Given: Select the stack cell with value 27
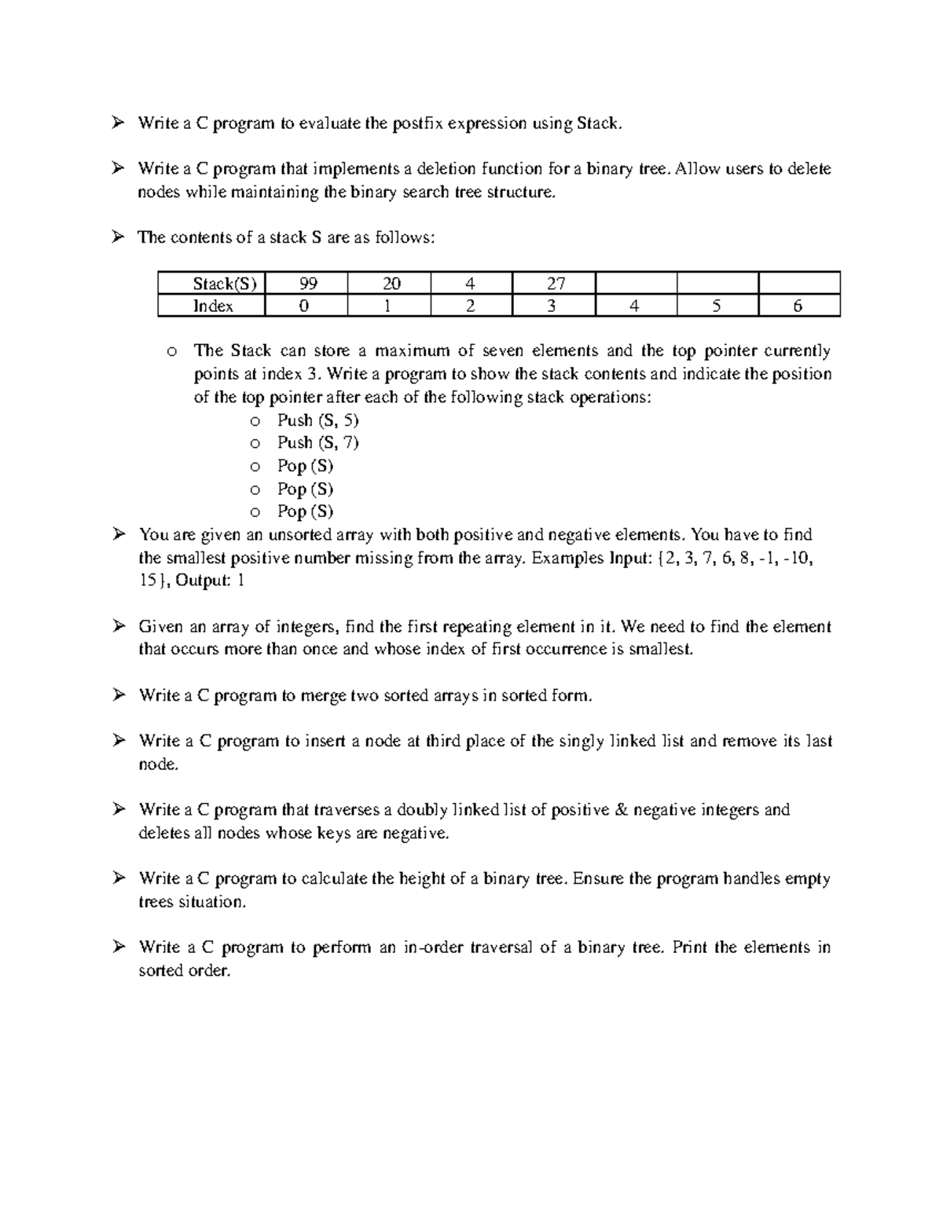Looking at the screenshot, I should click(553, 283).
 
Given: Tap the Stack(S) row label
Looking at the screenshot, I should click(212, 283).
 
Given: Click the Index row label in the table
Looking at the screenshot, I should click(212, 306).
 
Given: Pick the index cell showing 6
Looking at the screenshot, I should click(798, 306).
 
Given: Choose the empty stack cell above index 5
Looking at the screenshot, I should click(717, 283).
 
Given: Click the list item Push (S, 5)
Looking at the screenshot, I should click(317, 420).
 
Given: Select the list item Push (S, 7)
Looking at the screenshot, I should click(317, 443).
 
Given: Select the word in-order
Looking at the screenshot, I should click(431, 947).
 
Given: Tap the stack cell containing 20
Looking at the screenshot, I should click(391, 283).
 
